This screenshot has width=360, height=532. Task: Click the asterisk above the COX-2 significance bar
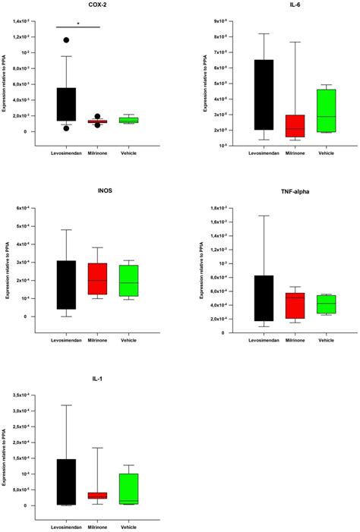click(77, 23)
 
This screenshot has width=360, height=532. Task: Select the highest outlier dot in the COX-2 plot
click(66, 39)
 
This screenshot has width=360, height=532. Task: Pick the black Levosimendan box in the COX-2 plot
click(66, 104)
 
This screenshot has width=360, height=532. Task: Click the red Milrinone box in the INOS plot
click(98, 279)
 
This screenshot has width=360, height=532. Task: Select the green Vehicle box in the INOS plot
click(129, 281)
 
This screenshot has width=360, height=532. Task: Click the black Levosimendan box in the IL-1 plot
click(66, 482)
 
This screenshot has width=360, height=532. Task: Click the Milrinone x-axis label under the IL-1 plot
click(97, 526)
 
